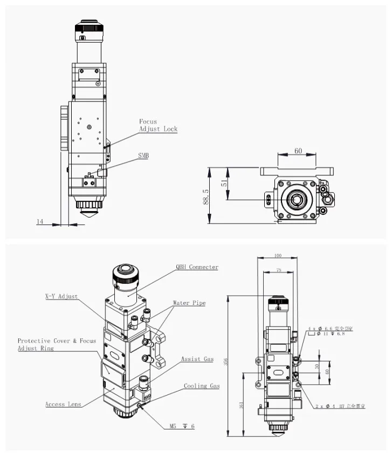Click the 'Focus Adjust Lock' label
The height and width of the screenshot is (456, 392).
pos(158,125)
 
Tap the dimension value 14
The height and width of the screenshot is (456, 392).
pos(40,222)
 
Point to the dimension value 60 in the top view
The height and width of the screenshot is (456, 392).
pos(298,151)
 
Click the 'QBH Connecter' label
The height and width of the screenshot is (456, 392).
pos(197,267)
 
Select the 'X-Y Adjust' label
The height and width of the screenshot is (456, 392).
pos(61,296)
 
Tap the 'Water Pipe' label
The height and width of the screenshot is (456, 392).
pos(189,303)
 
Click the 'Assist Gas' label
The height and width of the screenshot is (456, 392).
pos(197,359)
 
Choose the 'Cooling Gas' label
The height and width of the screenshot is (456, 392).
pos(201,386)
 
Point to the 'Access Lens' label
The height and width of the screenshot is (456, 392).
pos(63,404)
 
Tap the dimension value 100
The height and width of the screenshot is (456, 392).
pos(278,255)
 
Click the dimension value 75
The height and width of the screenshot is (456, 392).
pos(278,270)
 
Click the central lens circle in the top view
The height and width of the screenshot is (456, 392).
pos(296,199)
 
